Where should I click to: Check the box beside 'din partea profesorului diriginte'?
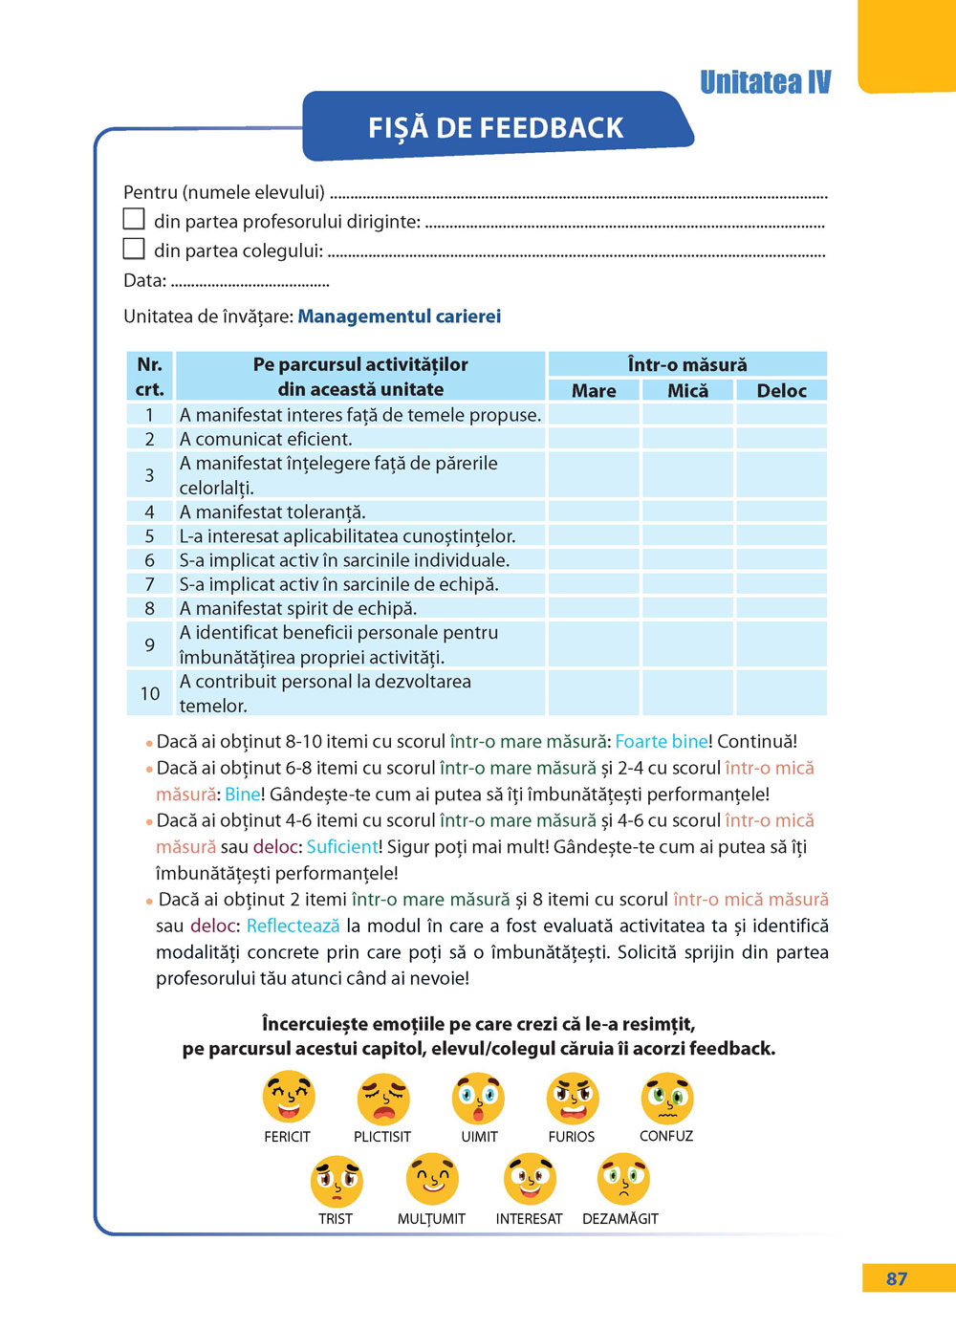click(x=134, y=219)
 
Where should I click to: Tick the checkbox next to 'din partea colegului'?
click(x=134, y=249)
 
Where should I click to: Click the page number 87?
click(x=896, y=1278)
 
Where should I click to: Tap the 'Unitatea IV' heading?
click(x=765, y=82)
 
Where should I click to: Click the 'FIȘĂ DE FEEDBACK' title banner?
click(x=496, y=127)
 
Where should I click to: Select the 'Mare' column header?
click(x=594, y=390)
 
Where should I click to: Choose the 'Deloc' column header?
click(x=781, y=390)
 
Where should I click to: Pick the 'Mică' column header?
click(x=687, y=390)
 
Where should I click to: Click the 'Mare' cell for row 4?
click(x=594, y=512)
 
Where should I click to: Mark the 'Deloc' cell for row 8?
click(x=781, y=608)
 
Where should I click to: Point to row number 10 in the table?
click(x=150, y=693)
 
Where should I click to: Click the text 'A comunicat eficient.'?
click(x=266, y=439)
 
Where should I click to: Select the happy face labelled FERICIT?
click(x=288, y=1099)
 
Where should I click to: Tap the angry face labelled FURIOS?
click(x=573, y=1099)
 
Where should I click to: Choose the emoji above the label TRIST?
click(x=337, y=1182)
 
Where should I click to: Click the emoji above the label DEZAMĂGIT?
click(x=622, y=1180)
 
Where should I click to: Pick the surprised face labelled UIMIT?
click(x=478, y=1099)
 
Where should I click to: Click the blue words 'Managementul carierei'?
click(x=399, y=316)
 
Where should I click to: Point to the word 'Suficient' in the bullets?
click(x=342, y=847)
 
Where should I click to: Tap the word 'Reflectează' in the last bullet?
click(x=293, y=926)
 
